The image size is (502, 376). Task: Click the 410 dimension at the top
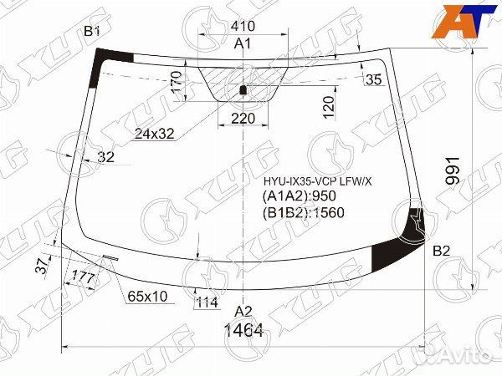[243, 26]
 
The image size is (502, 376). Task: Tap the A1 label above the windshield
[243, 43]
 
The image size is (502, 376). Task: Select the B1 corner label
[92, 31]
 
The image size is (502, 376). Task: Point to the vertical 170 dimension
[177, 83]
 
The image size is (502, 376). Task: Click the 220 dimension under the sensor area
[243, 119]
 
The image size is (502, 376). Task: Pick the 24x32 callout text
[154, 134]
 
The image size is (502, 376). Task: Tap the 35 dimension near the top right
[373, 79]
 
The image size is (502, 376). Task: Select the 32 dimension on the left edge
[105, 157]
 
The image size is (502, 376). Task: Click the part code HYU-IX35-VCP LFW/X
[318, 181]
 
